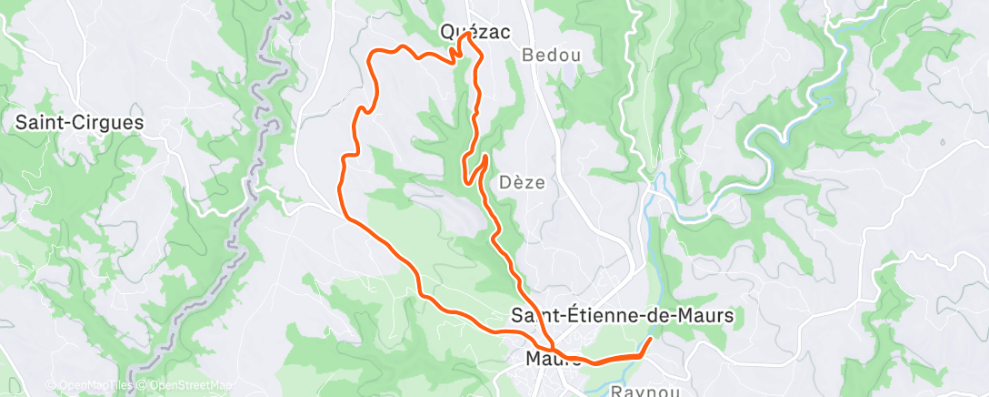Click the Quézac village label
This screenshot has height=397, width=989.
click(474, 31)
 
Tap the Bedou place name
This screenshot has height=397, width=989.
click(551, 56)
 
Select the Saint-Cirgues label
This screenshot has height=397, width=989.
click(79, 123)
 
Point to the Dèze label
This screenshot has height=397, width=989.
click(523, 182)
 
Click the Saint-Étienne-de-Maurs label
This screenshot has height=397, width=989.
click(623, 316)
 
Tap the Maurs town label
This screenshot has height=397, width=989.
click(553, 359)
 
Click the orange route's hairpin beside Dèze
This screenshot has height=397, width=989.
click(485, 158)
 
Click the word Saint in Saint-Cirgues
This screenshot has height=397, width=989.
click(40, 123)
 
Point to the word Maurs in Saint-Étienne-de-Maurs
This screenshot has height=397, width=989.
click(708, 316)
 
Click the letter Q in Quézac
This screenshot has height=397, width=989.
click(447, 31)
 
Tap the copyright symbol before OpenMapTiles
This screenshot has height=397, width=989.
click(51, 385)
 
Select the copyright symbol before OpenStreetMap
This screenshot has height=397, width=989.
click(143, 385)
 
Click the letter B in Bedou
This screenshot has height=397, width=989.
click(527, 56)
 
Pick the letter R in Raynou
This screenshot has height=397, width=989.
click(617, 392)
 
